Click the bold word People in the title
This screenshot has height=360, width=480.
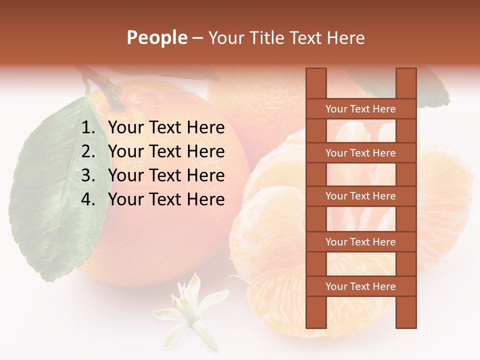click(x=156, y=37)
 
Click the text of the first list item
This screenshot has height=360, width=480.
click(x=166, y=128)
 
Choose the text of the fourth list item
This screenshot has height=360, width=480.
click(x=166, y=199)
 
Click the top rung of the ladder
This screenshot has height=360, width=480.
click(x=360, y=109)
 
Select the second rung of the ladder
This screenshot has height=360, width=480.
click(x=360, y=153)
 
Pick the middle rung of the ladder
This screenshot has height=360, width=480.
click(x=360, y=196)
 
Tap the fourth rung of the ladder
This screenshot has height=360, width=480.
click(x=360, y=242)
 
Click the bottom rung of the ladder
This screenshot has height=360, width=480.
click(x=360, y=286)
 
